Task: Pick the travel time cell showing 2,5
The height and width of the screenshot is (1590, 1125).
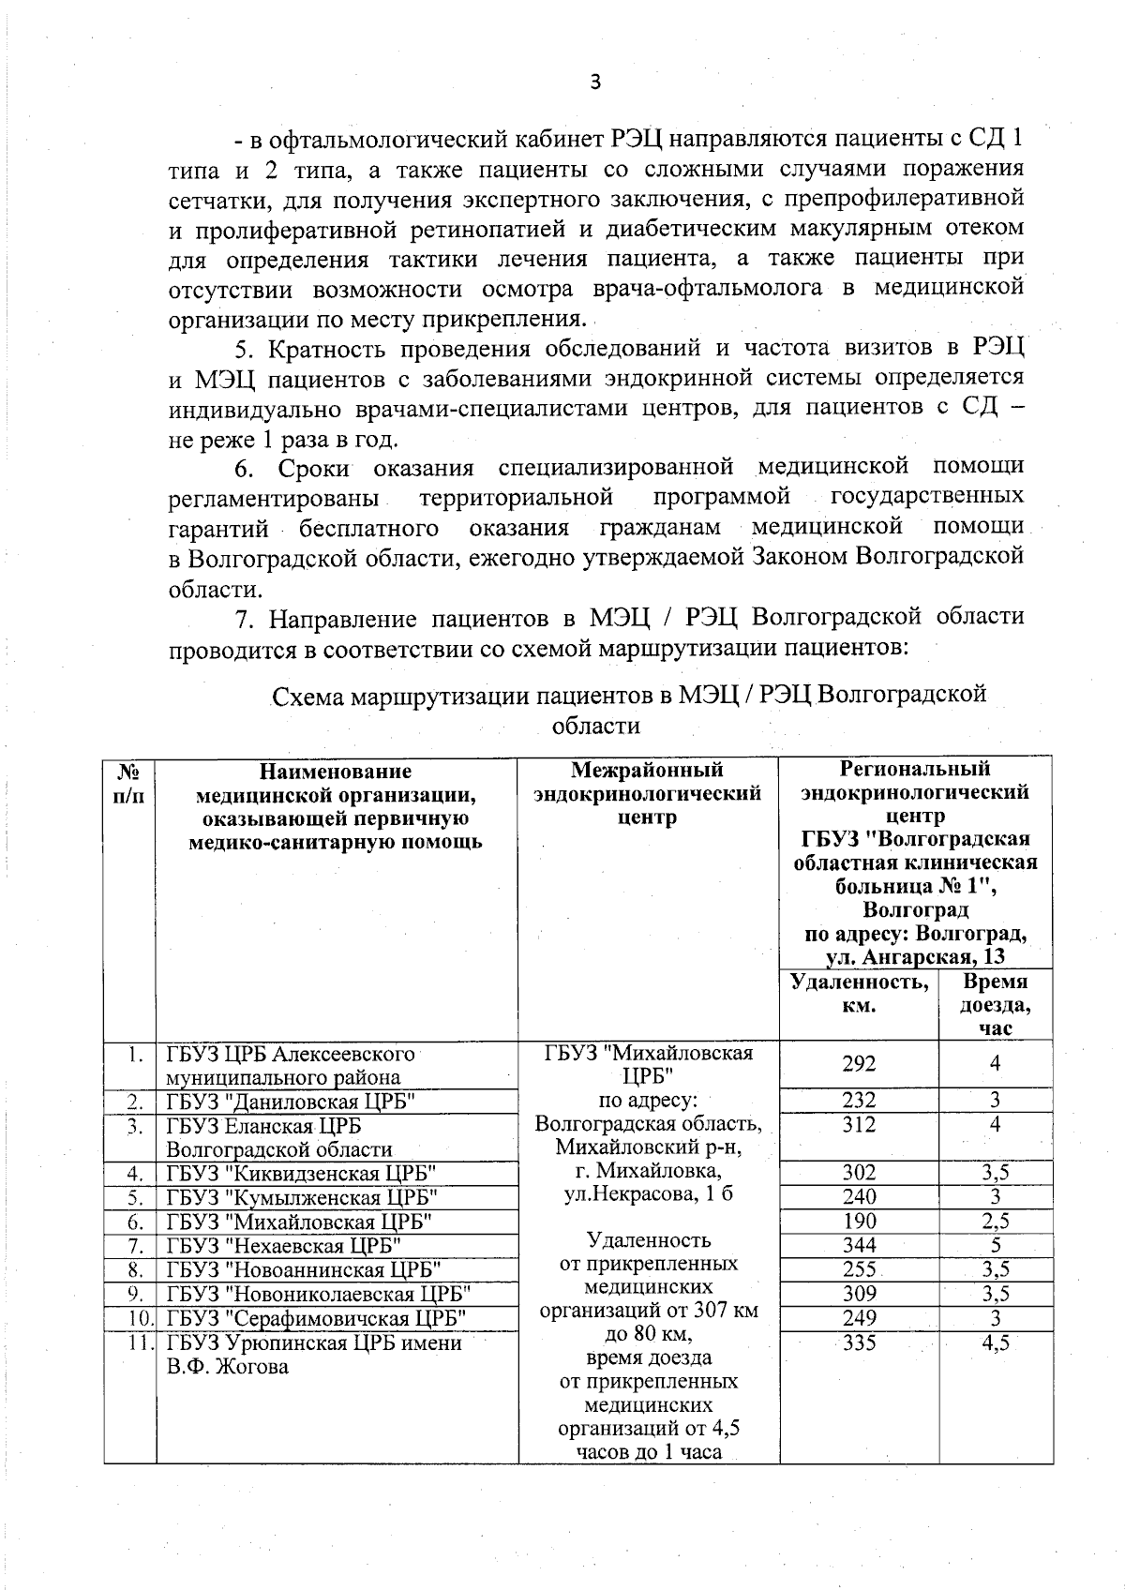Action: point(995,1221)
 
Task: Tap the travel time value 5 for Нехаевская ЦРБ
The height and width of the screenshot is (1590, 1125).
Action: point(995,1245)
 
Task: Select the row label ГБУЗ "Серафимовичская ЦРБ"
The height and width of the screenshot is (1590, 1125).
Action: point(316,1318)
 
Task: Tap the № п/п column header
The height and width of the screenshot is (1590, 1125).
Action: point(129,782)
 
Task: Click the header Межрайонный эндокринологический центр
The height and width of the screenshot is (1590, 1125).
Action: point(647,793)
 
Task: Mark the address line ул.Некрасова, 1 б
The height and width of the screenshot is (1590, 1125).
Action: point(648,1194)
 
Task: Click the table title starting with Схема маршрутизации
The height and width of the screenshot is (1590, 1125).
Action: point(628,695)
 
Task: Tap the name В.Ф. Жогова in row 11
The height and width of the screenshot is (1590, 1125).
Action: point(227,1367)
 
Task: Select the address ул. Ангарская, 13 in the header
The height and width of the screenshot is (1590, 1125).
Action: point(915,956)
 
